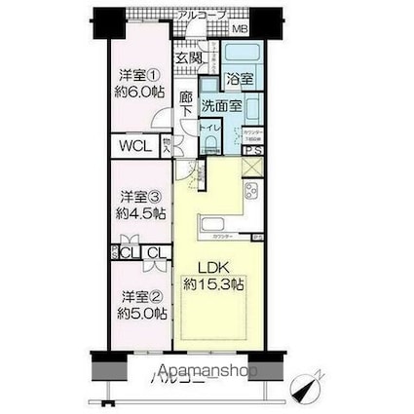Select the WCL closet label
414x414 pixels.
(135, 149)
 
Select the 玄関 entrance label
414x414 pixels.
(189, 58)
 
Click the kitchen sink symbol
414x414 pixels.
(211, 228)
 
